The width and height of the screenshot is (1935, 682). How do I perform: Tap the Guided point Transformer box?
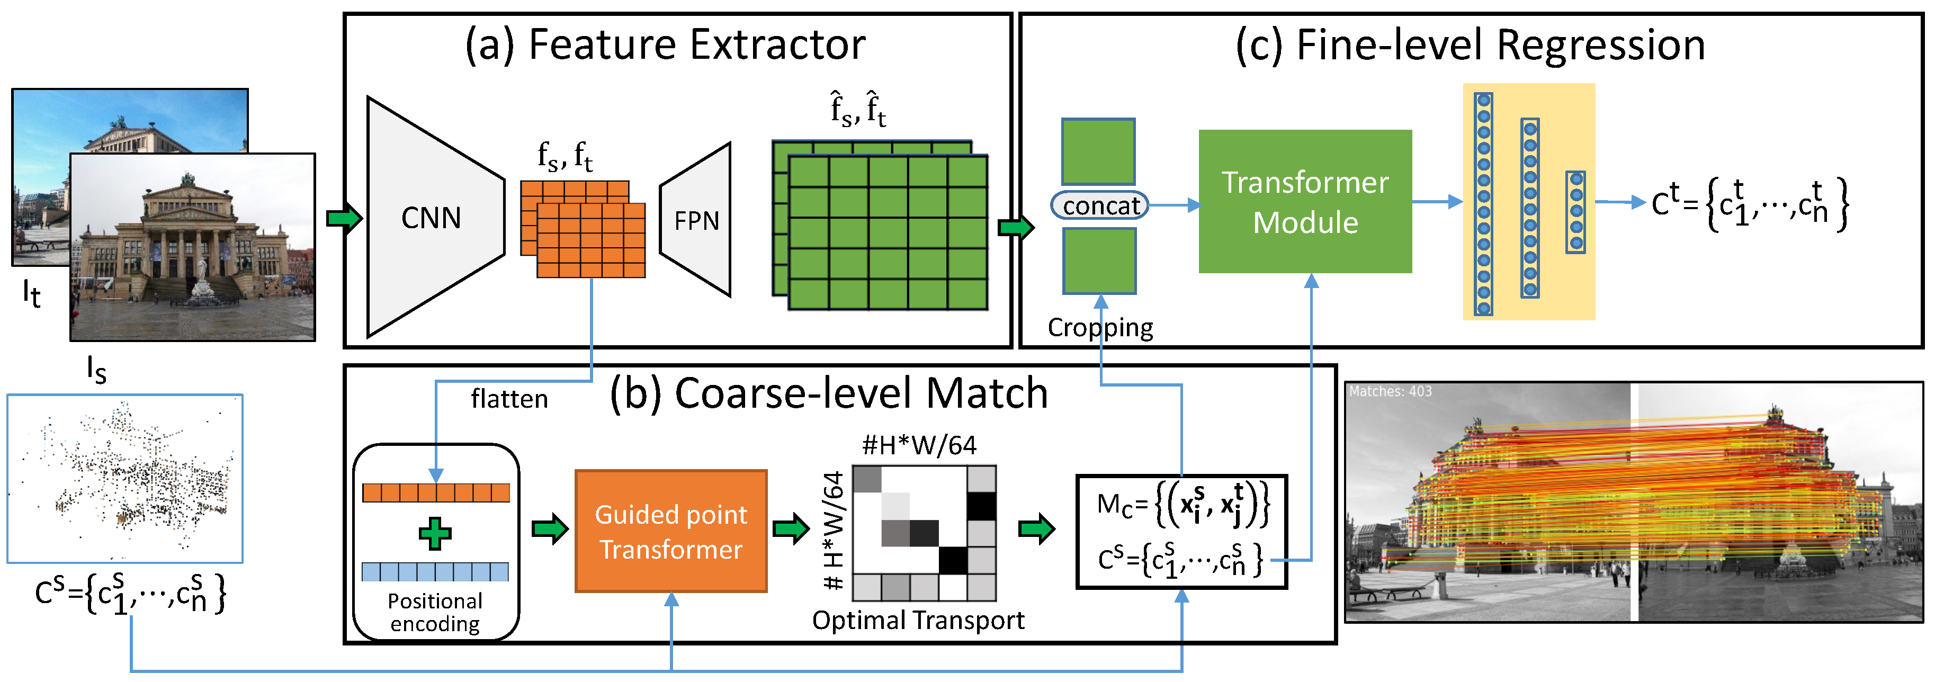pyautogui.click(x=671, y=532)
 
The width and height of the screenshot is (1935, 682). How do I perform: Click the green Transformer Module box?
pyautogui.click(x=1305, y=201)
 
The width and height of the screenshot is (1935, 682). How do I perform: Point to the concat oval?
pyautogui.click(x=1100, y=205)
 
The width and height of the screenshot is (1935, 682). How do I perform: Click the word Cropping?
pyautogui.click(x=1100, y=327)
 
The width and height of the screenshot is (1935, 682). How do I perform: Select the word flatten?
pyautogui.click(x=509, y=399)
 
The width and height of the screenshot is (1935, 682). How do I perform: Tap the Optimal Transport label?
pyautogui.click(x=918, y=621)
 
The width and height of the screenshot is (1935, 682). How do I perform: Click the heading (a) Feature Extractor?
pyautogui.click(x=666, y=45)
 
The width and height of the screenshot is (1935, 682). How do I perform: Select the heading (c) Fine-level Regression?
pyautogui.click(x=1470, y=45)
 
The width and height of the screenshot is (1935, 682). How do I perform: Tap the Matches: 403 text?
pyautogui.click(x=1391, y=391)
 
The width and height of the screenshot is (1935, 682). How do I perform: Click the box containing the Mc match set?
pyautogui.click(x=1181, y=531)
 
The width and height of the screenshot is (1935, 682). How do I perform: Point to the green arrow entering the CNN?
pyautogui.click(x=345, y=219)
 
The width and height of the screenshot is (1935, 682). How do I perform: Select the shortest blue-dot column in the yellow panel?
pyautogui.click(x=1576, y=212)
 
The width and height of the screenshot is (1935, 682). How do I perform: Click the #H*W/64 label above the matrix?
pyautogui.click(x=919, y=445)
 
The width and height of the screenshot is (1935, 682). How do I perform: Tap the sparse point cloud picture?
pyautogui.click(x=124, y=479)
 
